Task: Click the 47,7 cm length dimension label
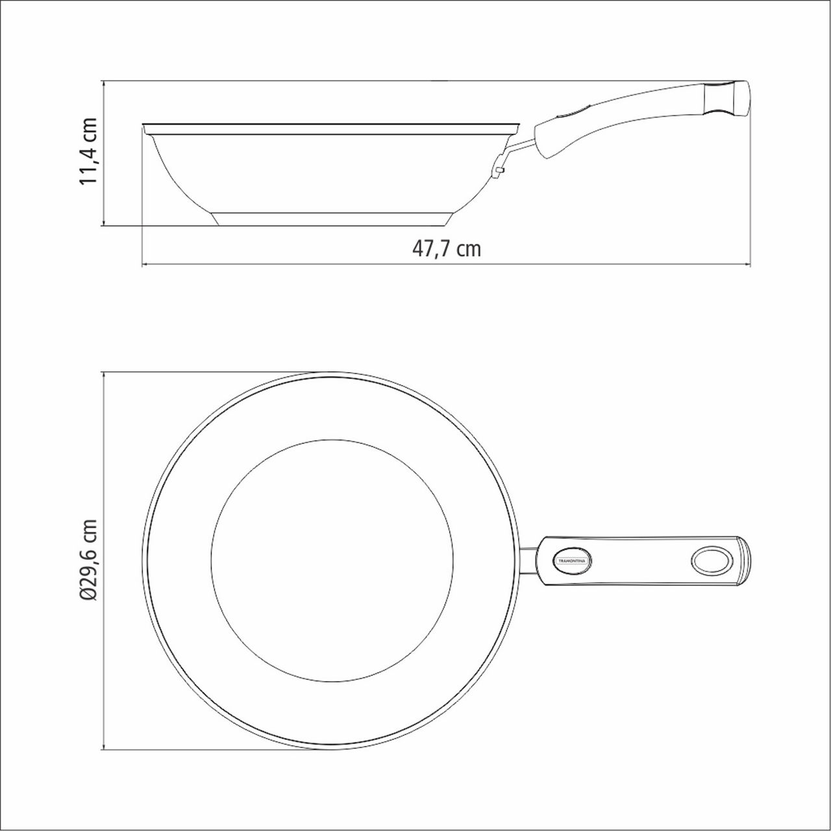click(447, 249)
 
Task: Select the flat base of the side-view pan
click(331, 219)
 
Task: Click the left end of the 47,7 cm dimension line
click(142, 264)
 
